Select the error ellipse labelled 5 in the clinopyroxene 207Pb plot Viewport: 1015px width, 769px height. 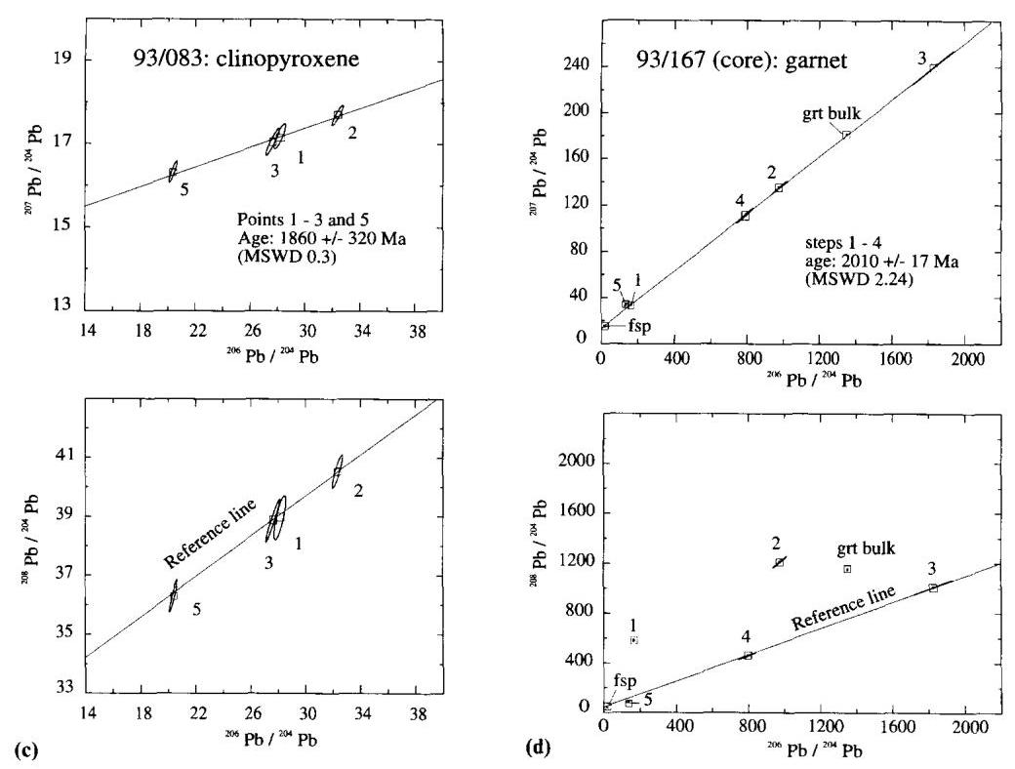coord(173,172)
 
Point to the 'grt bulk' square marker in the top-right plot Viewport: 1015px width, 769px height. coord(846,135)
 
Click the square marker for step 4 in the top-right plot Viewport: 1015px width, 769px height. coord(745,216)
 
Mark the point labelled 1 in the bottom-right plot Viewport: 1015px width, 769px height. coord(633,640)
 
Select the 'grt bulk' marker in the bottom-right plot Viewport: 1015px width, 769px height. coord(847,569)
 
